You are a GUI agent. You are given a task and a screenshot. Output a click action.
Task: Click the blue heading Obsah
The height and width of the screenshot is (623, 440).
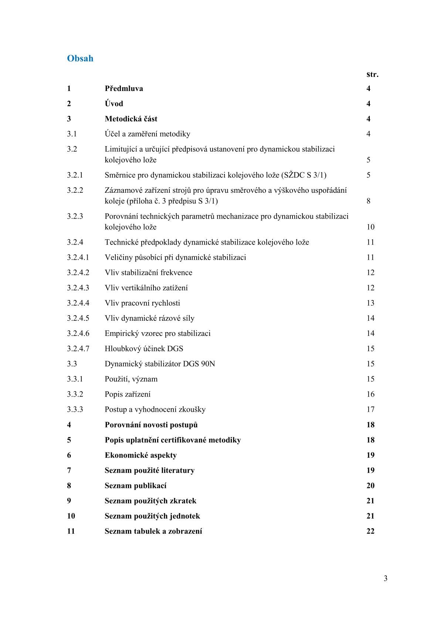click(80, 58)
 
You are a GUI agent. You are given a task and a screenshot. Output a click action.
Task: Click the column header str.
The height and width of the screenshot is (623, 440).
click(372, 74)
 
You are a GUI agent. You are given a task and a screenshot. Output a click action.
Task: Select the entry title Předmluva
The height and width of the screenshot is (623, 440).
click(124, 88)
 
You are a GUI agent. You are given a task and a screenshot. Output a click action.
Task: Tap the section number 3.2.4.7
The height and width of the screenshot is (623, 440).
click(78, 348)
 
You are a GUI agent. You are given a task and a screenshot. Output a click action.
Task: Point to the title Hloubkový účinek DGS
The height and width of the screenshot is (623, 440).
click(144, 348)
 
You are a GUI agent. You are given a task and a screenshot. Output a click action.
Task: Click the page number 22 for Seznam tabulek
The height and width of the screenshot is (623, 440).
click(370, 531)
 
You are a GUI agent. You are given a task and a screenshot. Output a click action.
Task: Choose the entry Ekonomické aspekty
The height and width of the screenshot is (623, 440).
click(141, 455)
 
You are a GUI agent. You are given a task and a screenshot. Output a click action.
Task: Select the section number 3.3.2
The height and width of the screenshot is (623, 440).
click(75, 394)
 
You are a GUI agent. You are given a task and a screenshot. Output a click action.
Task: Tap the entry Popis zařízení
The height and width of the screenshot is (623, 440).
click(128, 394)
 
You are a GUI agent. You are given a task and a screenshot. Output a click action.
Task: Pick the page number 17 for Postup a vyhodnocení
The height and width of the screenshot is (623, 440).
click(370, 410)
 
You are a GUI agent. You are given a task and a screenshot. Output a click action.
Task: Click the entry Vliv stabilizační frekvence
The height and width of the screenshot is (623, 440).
click(148, 273)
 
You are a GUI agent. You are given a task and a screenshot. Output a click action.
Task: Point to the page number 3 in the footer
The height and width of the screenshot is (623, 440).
click(386, 579)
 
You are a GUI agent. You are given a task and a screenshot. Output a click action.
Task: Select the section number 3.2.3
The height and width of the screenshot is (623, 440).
click(75, 216)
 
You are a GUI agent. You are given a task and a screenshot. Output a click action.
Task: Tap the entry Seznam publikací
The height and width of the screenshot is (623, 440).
click(135, 486)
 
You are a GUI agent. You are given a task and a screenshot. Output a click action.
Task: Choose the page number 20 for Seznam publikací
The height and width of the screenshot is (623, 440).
click(370, 486)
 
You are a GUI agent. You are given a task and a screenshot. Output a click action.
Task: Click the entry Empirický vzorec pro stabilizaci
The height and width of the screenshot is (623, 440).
click(158, 333)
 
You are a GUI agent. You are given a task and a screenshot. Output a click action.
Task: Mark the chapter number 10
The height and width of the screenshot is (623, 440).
click(71, 516)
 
